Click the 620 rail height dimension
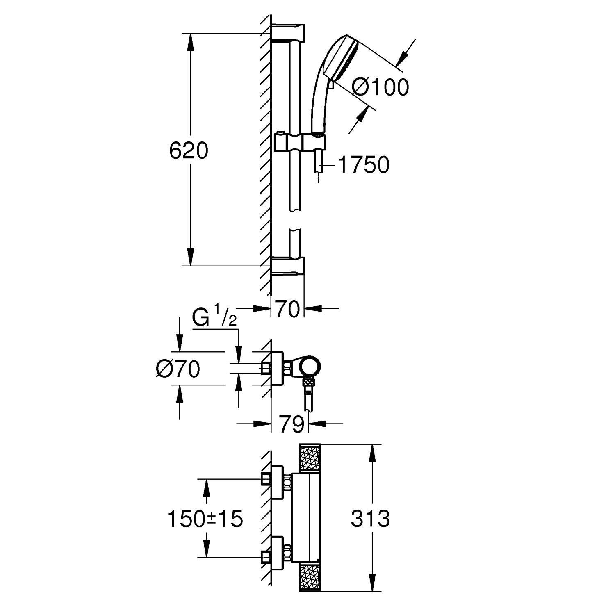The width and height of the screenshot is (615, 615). (189, 151)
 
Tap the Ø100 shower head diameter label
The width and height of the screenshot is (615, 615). (380, 87)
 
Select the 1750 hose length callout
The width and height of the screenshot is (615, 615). (363, 165)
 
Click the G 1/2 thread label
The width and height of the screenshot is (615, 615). (214, 319)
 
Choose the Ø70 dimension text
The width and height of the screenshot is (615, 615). (178, 369)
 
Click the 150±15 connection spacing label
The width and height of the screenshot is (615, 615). (205, 519)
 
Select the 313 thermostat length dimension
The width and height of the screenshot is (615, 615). (370, 519)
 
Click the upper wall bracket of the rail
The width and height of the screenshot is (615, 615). (288, 33)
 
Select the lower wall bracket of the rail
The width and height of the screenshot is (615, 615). (288, 266)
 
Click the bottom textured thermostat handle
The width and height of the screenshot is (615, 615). (309, 577)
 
